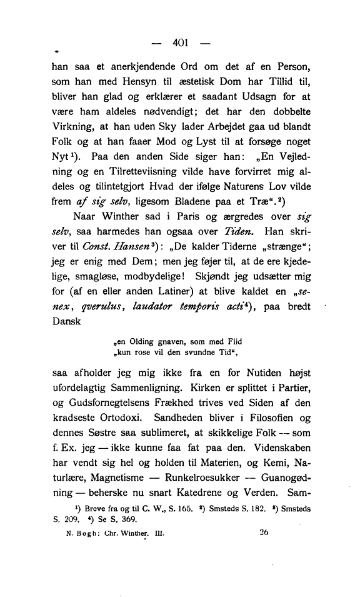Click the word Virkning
(73, 134)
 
